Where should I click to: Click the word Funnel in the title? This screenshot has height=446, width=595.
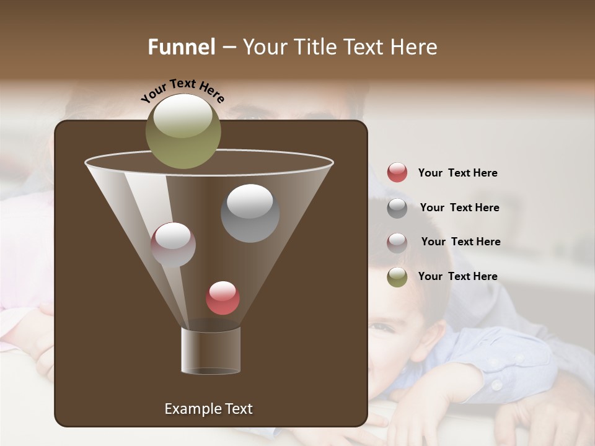click(x=182, y=47)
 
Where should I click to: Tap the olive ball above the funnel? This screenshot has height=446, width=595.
click(x=183, y=131)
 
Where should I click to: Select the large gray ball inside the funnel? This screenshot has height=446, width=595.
click(x=250, y=213)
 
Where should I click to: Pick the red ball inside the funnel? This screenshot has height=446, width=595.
click(x=223, y=298)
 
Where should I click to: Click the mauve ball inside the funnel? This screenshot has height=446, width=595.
click(x=173, y=245)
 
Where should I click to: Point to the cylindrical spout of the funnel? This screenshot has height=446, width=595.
click(x=211, y=351)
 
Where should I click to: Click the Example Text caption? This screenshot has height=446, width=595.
click(x=208, y=409)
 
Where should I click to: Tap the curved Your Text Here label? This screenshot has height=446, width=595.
click(x=182, y=90)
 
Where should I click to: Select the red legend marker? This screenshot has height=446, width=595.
click(x=397, y=173)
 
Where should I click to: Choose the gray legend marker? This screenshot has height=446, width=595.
click(x=397, y=208)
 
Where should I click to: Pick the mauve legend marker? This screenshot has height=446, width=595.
click(x=397, y=242)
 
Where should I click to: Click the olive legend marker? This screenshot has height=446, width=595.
click(x=397, y=277)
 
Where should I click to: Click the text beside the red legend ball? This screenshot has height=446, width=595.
click(x=457, y=173)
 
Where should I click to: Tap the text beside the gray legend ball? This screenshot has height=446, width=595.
click(x=459, y=208)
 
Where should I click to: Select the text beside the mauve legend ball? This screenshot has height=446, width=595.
click(x=461, y=242)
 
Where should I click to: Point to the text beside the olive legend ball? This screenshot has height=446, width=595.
click(x=457, y=276)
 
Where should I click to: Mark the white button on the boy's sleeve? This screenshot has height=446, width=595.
click(x=496, y=385)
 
